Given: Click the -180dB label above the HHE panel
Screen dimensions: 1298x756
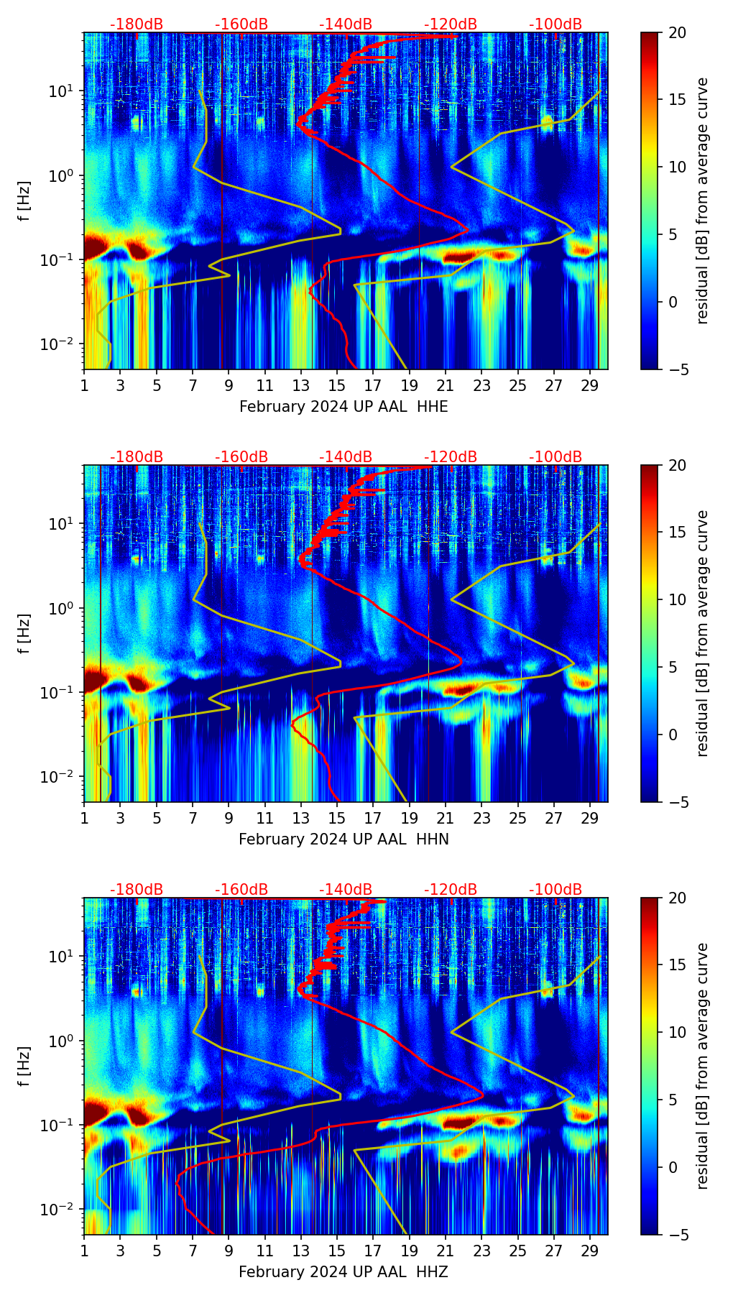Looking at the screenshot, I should (x=137, y=24).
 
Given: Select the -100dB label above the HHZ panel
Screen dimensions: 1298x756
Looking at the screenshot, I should (x=556, y=890).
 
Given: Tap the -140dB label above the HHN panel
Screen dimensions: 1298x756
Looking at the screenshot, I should (x=346, y=457).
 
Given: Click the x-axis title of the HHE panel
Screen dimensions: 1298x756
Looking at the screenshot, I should (x=344, y=407).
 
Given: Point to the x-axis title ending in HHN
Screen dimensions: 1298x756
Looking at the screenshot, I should (x=344, y=839).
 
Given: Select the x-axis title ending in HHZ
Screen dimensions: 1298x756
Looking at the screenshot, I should (x=344, y=1272).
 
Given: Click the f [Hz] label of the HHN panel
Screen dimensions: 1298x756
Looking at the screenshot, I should (x=24, y=633).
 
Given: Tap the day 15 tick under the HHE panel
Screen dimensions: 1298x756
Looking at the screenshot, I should (x=337, y=385).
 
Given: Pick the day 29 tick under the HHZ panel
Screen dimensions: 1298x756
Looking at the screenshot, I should (x=590, y=1251).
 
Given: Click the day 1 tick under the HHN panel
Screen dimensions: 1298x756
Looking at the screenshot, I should (x=84, y=818).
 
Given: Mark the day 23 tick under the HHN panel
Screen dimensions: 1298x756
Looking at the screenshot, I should (x=481, y=818).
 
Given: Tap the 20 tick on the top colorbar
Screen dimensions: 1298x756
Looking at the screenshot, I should (x=677, y=33).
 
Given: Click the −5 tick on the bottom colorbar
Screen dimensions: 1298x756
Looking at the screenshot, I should (x=677, y=1235).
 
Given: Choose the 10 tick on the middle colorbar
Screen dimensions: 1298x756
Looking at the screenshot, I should (x=677, y=599).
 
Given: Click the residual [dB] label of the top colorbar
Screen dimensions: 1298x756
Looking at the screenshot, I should (x=702, y=201).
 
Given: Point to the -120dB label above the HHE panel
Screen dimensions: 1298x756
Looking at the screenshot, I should (x=451, y=24).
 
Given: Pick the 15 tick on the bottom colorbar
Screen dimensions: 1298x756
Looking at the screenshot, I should (x=677, y=965).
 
